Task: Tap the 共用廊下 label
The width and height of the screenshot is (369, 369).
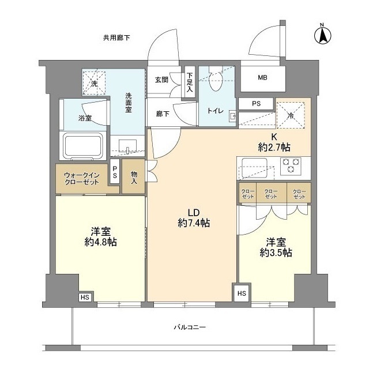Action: (116, 38)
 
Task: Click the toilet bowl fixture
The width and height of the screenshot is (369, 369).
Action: (216, 81)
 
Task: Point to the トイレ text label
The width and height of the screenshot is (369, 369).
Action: (216, 110)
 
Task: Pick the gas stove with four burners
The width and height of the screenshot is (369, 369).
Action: (291, 166)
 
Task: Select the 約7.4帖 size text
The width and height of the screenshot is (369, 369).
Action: (193, 223)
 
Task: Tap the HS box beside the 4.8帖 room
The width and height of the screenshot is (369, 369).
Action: (85, 298)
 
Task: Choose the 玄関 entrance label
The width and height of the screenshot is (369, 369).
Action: (161, 80)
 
